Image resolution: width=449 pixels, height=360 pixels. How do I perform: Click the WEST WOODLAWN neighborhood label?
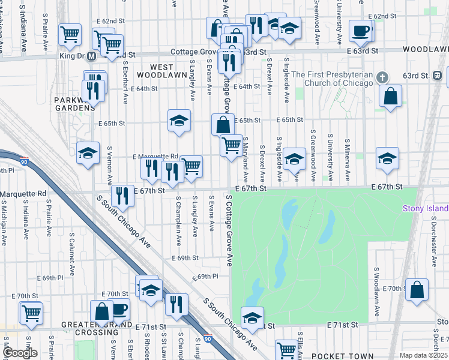point(154,71)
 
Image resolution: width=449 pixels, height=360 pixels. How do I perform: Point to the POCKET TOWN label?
point(336,339)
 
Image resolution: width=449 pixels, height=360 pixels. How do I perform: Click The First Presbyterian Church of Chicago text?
point(340,78)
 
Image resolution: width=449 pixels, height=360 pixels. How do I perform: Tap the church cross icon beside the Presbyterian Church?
point(384,78)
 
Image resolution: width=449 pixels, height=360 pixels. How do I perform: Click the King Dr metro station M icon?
point(91,56)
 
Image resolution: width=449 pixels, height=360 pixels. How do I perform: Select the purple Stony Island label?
point(425,208)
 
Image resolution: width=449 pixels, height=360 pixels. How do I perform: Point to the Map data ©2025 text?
point(423,355)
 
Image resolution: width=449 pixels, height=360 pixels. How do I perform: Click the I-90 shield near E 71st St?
point(208,338)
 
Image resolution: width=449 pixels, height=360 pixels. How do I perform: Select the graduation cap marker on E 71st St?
point(253,317)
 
